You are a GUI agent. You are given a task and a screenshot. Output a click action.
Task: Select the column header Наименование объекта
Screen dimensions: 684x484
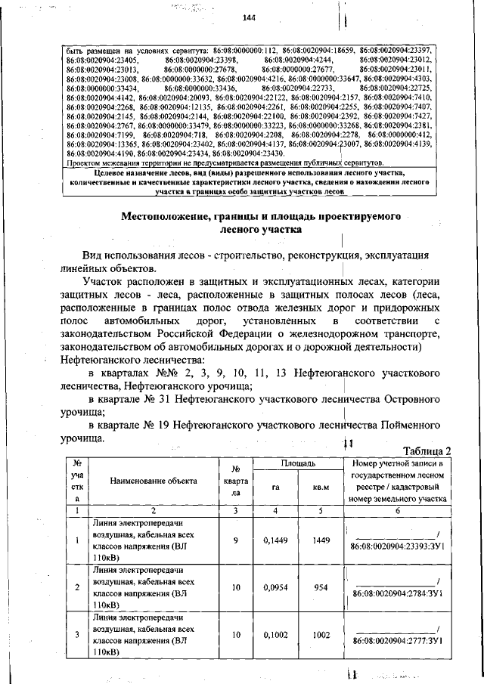(153, 480)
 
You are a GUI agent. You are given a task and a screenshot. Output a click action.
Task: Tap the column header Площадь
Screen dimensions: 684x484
(293, 462)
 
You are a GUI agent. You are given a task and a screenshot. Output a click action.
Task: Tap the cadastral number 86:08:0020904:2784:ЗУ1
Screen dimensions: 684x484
(397, 594)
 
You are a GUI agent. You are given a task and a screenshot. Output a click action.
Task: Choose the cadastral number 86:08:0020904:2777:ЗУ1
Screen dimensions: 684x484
(397, 642)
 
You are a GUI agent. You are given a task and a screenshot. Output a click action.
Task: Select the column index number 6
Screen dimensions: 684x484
(396, 511)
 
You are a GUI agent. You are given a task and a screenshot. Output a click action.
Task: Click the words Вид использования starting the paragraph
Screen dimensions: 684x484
(134, 255)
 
